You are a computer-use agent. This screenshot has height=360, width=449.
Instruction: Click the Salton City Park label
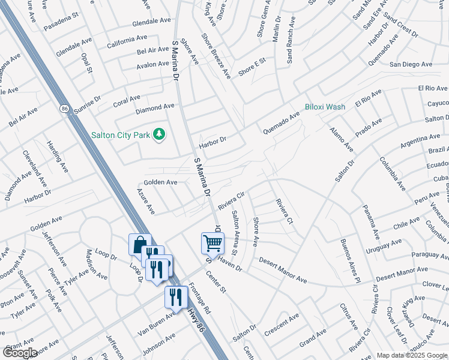120,135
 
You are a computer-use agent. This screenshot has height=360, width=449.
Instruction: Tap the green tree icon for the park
159,134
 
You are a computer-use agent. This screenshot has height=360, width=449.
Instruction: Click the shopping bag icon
139,244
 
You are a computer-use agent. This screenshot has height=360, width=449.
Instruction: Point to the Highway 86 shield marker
64,109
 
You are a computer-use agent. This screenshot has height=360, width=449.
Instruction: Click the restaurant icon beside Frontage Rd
176,296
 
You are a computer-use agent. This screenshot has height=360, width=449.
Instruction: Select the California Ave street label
127,44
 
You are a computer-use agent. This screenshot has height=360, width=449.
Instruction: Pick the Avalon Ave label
152,64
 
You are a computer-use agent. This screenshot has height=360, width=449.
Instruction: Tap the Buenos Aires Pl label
349,261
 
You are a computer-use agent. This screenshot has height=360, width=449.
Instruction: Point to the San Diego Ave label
411,64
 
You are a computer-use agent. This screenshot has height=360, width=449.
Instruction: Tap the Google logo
20,353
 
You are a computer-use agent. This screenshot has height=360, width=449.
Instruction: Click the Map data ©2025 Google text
412,355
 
